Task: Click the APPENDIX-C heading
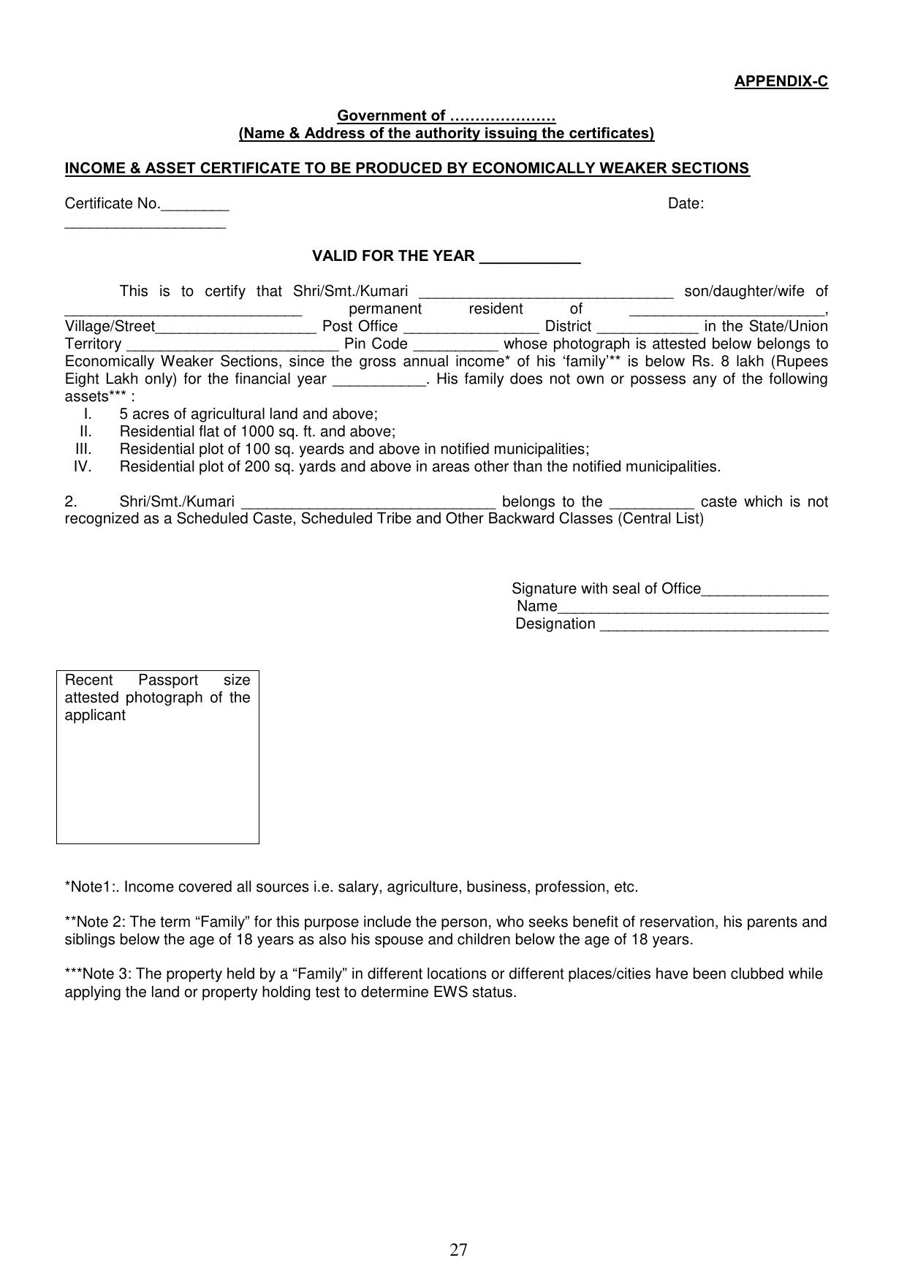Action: [x=781, y=81]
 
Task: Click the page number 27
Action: [x=458, y=1250]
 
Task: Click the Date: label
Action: [x=686, y=204]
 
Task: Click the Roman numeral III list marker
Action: [x=83, y=449]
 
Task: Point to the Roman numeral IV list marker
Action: [x=83, y=466]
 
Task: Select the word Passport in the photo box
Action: [x=168, y=680]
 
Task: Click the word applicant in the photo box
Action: [x=95, y=715]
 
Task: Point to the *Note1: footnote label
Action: [x=92, y=887]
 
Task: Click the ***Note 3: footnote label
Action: [x=98, y=974]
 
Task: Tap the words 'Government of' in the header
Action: [x=391, y=115]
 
